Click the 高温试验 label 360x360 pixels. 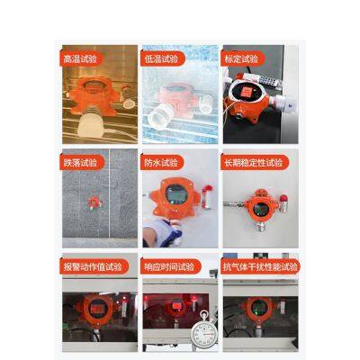(x=80, y=59)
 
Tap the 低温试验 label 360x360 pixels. (x=161, y=59)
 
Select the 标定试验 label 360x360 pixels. (x=241, y=58)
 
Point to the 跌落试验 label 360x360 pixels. (x=80, y=163)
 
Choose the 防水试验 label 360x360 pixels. (x=161, y=163)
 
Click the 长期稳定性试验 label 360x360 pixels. (x=254, y=163)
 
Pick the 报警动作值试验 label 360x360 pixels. (x=93, y=266)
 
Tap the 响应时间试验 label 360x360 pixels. (x=169, y=266)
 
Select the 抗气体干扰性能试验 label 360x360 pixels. (x=260, y=266)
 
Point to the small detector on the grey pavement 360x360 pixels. (x=94, y=202)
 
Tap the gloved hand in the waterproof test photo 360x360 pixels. (x=163, y=233)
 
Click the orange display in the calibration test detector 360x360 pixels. (x=247, y=92)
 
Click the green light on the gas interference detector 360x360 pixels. (x=256, y=310)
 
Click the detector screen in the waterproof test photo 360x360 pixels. (x=175, y=194)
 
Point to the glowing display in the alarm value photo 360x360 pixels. (x=96, y=308)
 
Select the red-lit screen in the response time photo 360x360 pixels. (x=175, y=306)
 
